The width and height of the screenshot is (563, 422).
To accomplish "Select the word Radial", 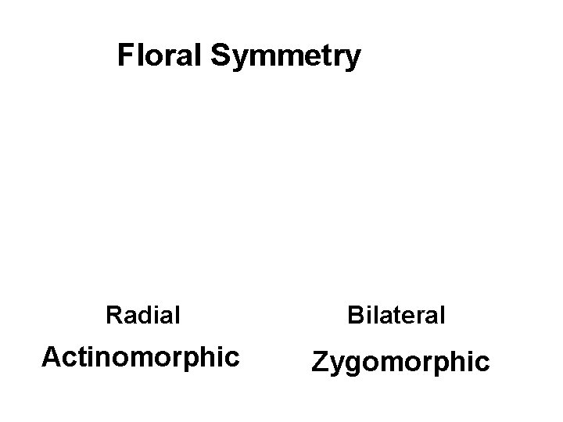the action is (x=143, y=316).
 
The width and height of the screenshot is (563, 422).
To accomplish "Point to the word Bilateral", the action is (x=396, y=316).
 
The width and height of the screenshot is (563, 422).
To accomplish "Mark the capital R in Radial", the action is (x=113, y=316).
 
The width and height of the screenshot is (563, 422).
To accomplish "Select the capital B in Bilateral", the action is (x=356, y=316).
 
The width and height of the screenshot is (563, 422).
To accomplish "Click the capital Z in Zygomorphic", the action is (x=320, y=361).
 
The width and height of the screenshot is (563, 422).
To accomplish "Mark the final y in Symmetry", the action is (x=353, y=60).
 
